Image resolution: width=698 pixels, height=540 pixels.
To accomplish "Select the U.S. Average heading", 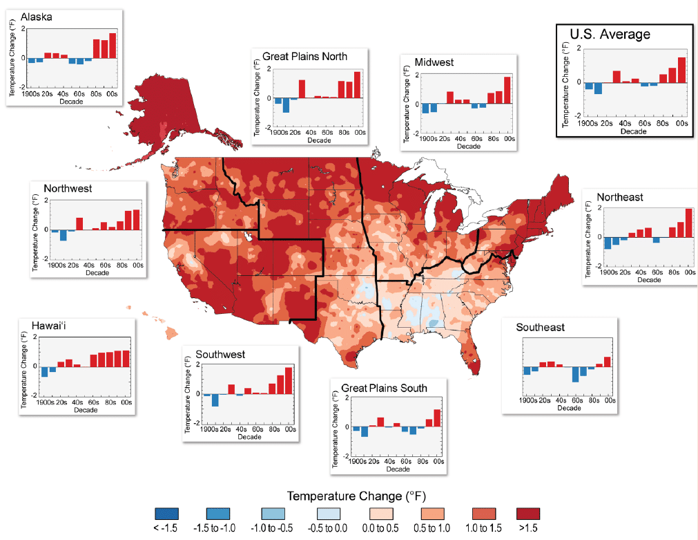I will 610,34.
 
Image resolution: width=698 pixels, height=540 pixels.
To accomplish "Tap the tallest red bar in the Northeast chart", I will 688,223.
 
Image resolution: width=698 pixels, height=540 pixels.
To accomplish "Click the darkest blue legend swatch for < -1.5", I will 166,514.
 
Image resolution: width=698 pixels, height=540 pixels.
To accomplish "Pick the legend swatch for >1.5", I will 527,514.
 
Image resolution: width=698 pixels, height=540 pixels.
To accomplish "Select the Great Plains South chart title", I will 379,388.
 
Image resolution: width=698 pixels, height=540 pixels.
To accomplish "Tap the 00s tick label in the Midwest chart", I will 510,138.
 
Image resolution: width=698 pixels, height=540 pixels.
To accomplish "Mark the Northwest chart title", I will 67,188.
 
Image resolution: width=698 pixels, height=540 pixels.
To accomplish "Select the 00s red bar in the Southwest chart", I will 289,381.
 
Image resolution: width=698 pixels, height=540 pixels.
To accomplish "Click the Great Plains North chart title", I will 304,56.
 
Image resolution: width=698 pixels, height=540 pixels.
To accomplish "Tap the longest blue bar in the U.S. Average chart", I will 598,88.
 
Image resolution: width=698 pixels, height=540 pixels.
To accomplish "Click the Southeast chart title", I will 540,327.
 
